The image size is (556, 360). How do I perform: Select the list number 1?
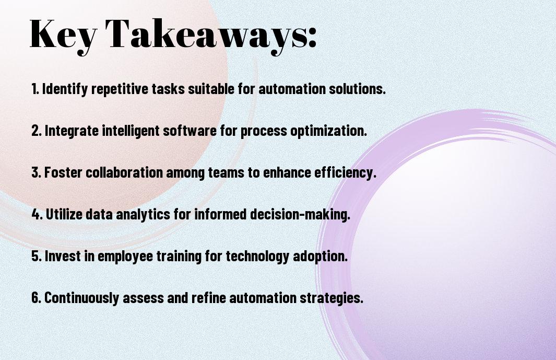click(x=35, y=89)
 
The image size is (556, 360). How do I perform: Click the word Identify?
click(x=65, y=89)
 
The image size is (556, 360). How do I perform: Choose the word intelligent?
click(x=131, y=131)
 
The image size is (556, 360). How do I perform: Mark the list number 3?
click(x=36, y=172)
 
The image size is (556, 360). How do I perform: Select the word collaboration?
click(x=124, y=172)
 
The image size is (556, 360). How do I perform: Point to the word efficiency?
click(x=345, y=173)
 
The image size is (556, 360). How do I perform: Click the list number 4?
click(x=37, y=214)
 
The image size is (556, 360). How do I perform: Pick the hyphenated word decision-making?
click(x=300, y=214)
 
